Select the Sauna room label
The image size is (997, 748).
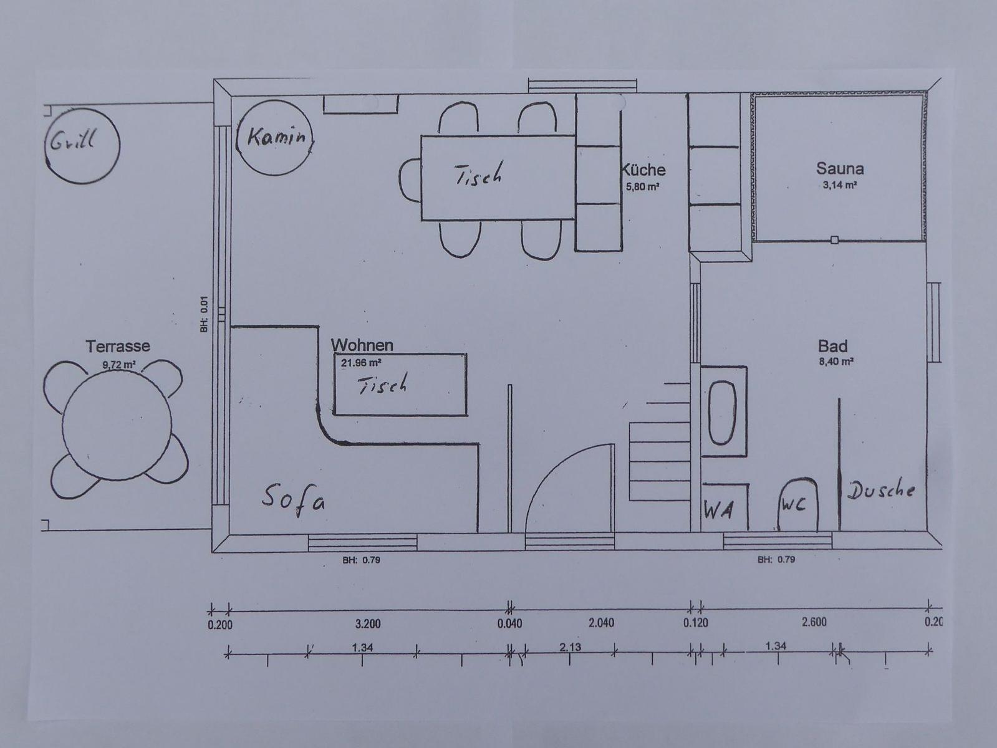point(840,168)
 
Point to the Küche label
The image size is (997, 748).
point(643,170)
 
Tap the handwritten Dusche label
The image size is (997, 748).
point(881,491)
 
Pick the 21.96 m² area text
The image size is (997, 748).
point(360,363)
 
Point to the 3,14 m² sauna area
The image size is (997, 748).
point(840,185)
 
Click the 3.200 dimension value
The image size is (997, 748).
point(368,624)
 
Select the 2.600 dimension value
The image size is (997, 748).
point(814,622)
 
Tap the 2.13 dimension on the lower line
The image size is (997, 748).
point(570,647)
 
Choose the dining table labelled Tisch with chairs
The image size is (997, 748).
point(498,178)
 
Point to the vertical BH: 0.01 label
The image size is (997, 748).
point(204,314)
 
